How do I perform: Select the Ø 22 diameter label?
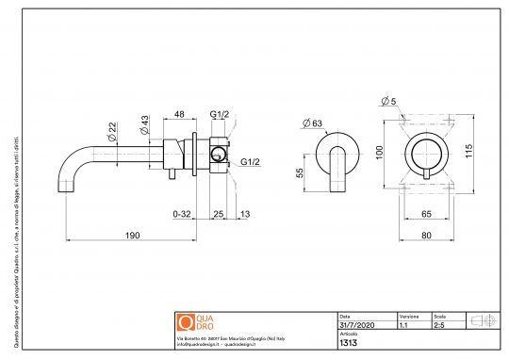pos(112,131)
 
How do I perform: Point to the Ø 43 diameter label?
pos(143,123)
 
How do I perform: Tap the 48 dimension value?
pos(178,114)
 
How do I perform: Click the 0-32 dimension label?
pos(184,214)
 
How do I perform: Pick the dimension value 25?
pos(218,214)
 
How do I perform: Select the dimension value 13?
pos(246,214)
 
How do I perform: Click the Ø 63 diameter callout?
pos(315,122)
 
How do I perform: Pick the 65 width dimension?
pos(426,214)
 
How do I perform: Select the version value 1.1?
pos(403,323)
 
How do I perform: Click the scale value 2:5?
pos(439,323)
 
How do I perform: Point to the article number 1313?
pos(346,342)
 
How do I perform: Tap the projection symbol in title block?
pos(483,320)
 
